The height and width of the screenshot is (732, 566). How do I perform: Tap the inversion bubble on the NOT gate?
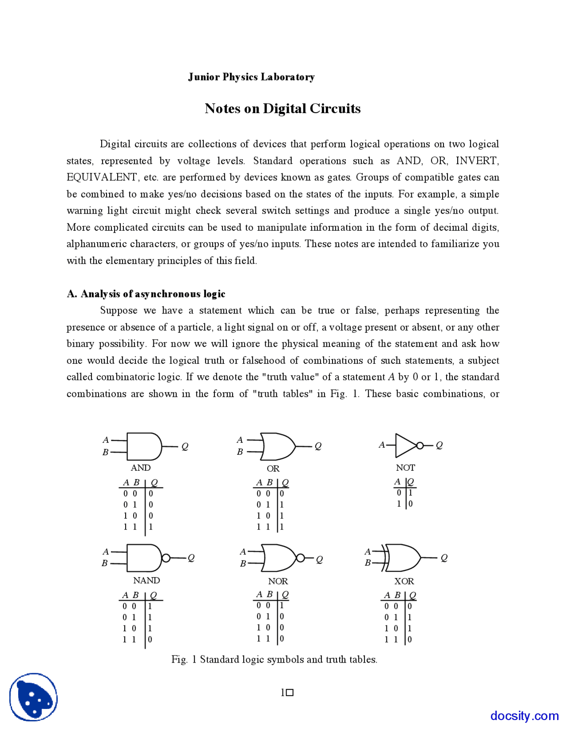420,445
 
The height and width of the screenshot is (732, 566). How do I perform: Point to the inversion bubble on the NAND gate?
166,558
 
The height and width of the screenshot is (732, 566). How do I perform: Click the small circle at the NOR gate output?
300,558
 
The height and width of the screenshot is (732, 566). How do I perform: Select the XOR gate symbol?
402,558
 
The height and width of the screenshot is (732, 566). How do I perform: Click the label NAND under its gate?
146,580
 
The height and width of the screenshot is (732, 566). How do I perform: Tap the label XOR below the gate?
404,581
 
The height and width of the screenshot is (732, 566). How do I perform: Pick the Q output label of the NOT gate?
439,445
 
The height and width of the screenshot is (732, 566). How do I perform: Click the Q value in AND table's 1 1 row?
151,527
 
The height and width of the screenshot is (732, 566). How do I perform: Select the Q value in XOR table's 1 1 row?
409,639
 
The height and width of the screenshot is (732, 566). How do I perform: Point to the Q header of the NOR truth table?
285,595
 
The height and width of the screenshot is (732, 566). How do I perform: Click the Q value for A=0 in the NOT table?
410,493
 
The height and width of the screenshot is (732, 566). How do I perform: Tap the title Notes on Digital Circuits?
283,109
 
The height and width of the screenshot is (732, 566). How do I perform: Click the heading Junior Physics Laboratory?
251,77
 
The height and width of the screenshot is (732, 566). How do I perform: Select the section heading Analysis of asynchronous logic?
146,294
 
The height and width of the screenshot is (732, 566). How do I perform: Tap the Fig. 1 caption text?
274,660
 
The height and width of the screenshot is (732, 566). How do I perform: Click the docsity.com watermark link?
524,716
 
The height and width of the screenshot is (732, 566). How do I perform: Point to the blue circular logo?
34,697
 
